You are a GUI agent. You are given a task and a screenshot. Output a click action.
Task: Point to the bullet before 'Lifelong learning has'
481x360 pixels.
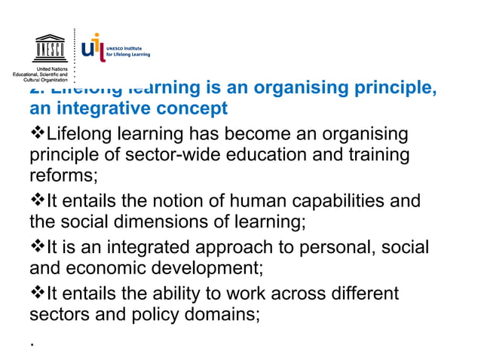[x=37, y=136]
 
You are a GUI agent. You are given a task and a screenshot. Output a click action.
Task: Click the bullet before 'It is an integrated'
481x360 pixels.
[x=37, y=247]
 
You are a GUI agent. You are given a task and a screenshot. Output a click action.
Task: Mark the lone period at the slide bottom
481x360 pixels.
[x=32, y=342]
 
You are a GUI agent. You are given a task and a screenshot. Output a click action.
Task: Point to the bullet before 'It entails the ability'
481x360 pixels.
[x=37, y=292]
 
